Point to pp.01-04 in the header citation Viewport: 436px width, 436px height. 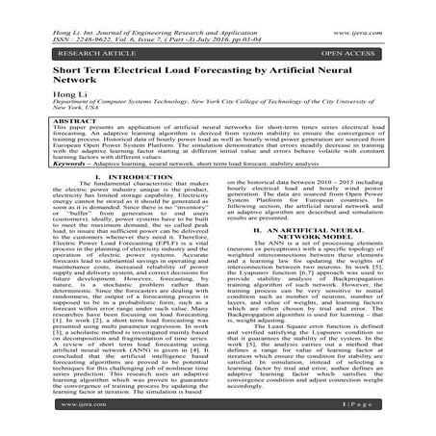(236, 14)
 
